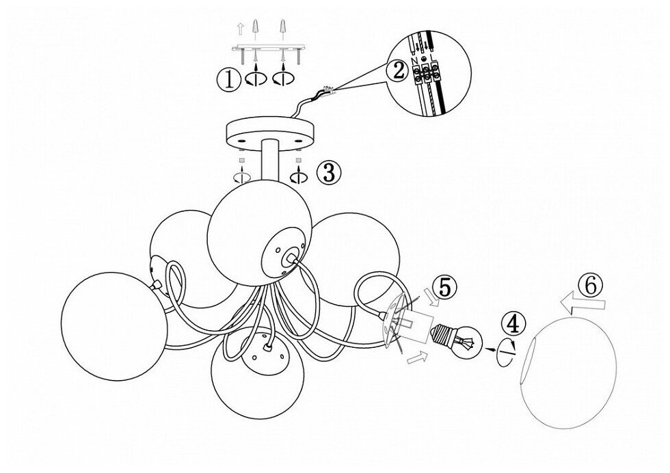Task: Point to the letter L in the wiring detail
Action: (x=435, y=62)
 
